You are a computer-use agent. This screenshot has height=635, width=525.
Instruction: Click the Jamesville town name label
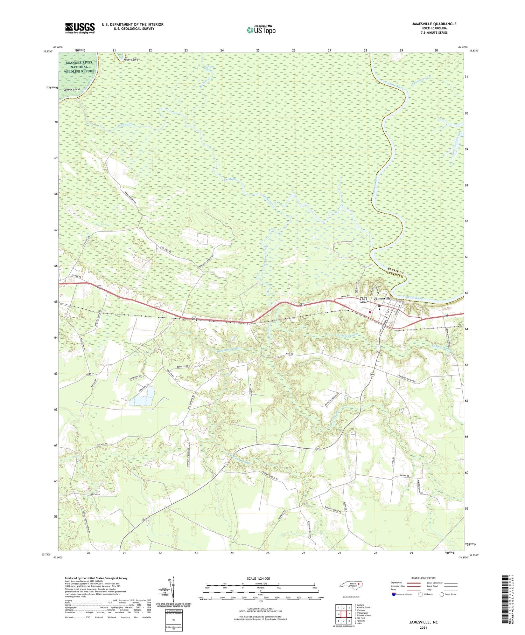(382, 298)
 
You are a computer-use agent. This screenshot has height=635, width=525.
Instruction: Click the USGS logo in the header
(80, 28)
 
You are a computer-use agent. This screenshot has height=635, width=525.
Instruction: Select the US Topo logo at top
(261, 30)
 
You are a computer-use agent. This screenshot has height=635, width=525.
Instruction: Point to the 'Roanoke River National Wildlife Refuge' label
(79, 67)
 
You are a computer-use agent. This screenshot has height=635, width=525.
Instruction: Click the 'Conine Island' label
(72, 90)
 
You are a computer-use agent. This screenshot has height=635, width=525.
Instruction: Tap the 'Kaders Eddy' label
(131, 60)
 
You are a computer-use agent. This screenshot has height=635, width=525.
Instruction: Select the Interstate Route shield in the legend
(394, 594)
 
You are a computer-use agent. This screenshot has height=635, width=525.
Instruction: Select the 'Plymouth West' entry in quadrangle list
(363, 615)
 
